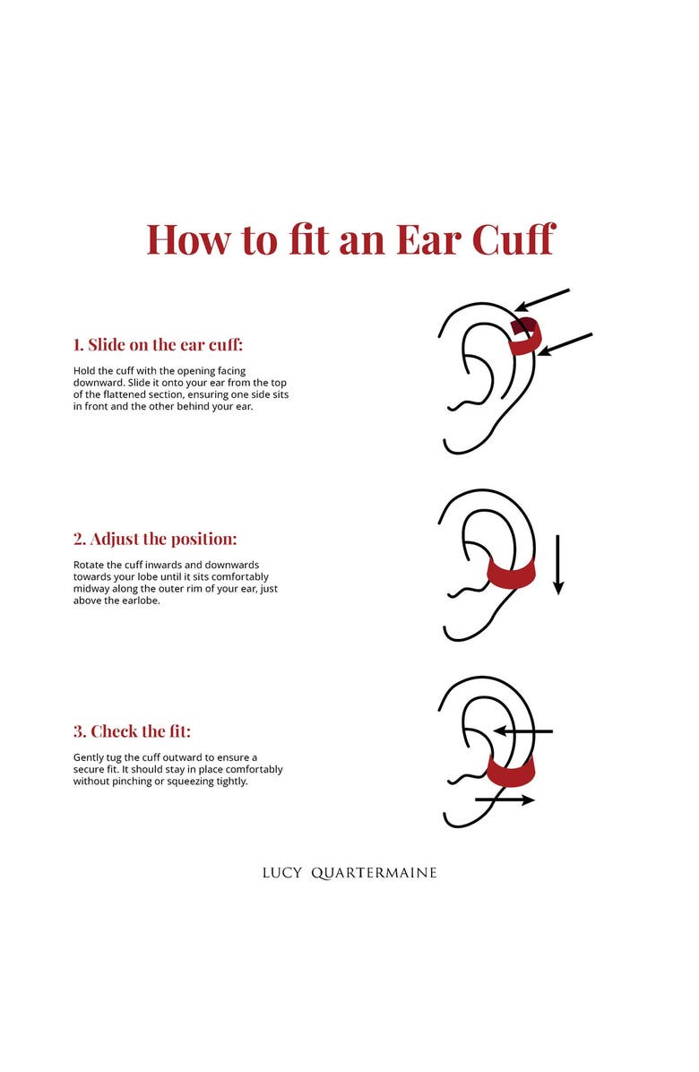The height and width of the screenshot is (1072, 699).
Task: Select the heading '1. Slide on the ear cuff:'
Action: pyautogui.click(x=158, y=344)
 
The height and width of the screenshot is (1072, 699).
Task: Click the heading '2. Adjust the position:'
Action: pyautogui.click(x=155, y=539)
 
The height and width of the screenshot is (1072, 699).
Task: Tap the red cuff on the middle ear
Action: pyautogui.click(x=510, y=575)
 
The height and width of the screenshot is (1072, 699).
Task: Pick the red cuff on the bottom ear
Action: pyautogui.click(x=510, y=770)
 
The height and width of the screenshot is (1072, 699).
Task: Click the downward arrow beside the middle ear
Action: pyautogui.click(x=558, y=565)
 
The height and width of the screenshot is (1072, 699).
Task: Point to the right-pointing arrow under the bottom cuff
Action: pyautogui.click(x=505, y=799)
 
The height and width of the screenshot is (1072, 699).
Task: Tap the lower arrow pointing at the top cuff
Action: pyautogui.click(x=565, y=344)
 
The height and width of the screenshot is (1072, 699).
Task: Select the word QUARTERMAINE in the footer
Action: pyautogui.click(x=374, y=872)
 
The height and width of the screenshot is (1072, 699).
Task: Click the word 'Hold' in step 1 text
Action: pyautogui.click(x=83, y=370)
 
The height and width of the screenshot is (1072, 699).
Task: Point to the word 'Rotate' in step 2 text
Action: pyautogui.click(x=89, y=565)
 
